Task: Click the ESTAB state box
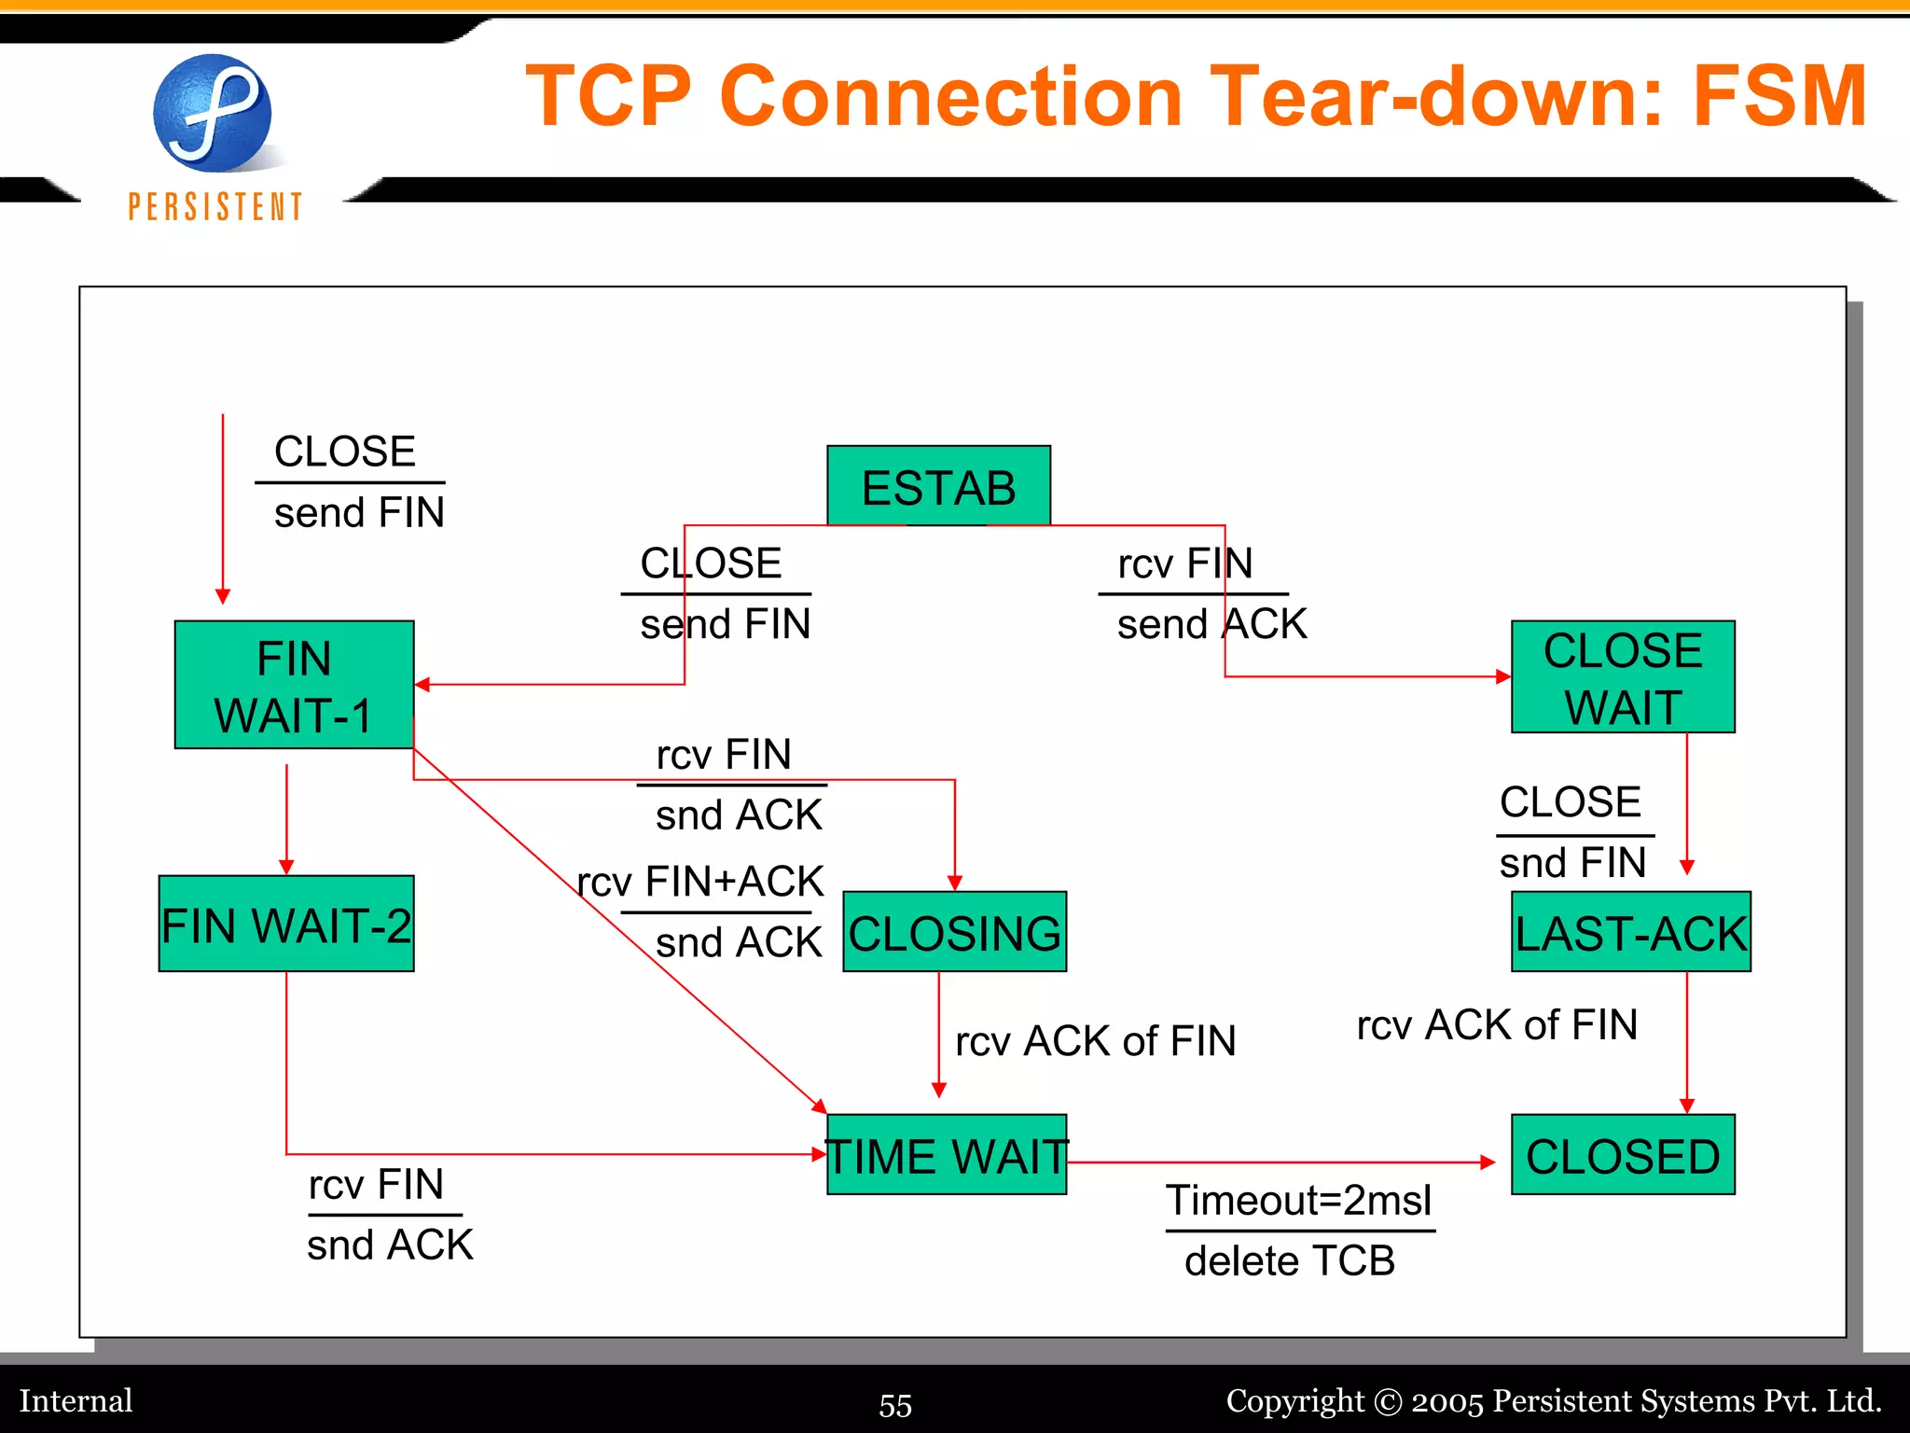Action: (x=938, y=486)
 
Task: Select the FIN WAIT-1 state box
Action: (x=294, y=685)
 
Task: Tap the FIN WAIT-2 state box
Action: (x=286, y=924)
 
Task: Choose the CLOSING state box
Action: (x=954, y=932)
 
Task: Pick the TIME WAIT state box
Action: (x=946, y=1155)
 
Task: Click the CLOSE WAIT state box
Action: (x=1623, y=677)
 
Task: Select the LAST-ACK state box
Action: (x=1630, y=932)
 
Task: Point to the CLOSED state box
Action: (x=1623, y=1155)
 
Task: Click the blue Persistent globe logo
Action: (x=213, y=114)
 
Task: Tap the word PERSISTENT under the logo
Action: (x=215, y=206)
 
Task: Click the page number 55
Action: (x=895, y=1405)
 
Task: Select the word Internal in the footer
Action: (x=76, y=1400)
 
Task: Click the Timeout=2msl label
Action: (x=1298, y=1200)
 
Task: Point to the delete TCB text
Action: (x=1290, y=1260)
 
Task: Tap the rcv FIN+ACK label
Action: (x=700, y=881)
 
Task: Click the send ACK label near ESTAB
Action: (x=1211, y=624)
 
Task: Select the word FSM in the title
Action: (x=1779, y=96)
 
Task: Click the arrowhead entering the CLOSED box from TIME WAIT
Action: (x=1488, y=1162)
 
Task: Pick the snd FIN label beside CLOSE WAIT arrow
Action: (x=1572, y=862)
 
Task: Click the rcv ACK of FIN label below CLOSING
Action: (x=1096, y=1040)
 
